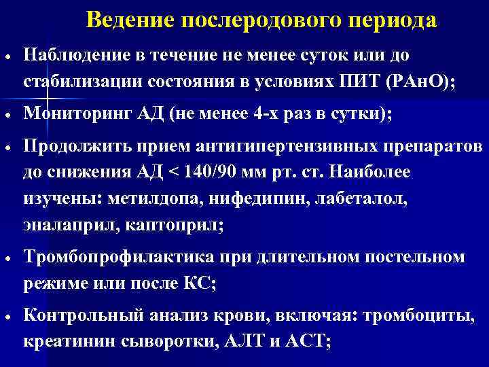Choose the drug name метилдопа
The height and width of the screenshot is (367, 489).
pyautogui.click(x=142, y=197)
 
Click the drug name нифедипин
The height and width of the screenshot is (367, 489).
pyautogui.click(x=249, y=197)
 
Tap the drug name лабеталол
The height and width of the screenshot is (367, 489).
pyautogui.click(x=347, y=197)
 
